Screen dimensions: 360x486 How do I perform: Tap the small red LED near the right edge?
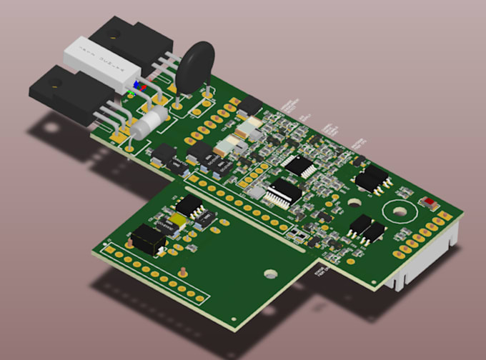point(430,203)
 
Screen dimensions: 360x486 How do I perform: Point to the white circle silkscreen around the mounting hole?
point(397,213)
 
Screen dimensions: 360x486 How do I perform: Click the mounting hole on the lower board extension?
point(269,272)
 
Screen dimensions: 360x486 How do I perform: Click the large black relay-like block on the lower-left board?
point(149,238)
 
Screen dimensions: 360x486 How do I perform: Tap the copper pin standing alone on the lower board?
point(184,271)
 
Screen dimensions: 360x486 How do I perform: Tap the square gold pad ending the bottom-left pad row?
point(109,251)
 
